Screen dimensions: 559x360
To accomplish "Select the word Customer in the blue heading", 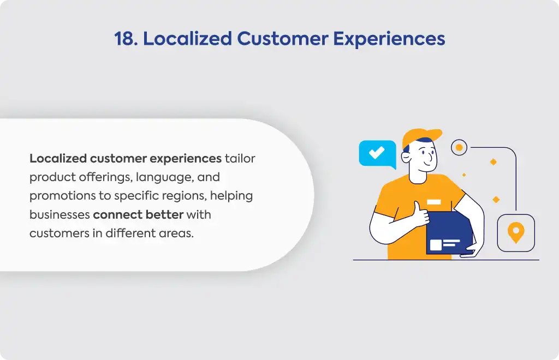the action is (x=282, y=39).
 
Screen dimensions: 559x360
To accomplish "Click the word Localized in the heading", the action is (x=188, y=39).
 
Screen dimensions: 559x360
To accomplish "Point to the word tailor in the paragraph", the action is (x=240, y=158).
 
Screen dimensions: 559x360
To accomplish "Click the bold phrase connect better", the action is (x=138, y=215).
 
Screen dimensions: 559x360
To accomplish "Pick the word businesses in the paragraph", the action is (x=60, y=215).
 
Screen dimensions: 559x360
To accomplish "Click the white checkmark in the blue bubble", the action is (x=377, y=152).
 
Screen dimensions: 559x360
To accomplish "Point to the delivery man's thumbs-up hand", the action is (x=421, y=214).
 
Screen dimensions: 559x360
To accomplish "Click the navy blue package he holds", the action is (x=449, y=233).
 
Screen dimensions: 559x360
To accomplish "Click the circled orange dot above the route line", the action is (x=459, y=147).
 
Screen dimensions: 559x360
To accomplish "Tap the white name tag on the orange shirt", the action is (x=434, y=202).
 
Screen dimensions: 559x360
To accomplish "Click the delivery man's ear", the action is (x=406, y=157).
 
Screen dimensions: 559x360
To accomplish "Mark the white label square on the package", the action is (x=436, y=245).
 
